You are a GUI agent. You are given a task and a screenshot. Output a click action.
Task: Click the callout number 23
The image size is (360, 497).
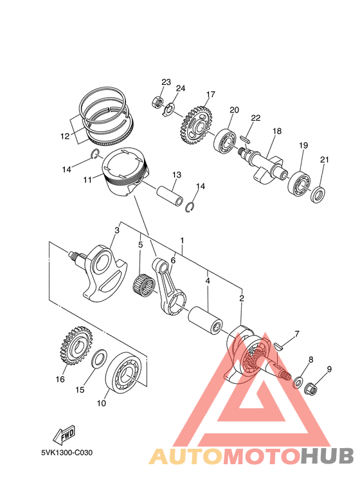(x=166, y=82)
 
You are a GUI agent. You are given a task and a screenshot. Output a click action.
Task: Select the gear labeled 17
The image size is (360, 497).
(x=196, y=122)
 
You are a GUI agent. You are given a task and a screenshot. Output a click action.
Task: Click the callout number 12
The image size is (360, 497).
(x=64, y=136)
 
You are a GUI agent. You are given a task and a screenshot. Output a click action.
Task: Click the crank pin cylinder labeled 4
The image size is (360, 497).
(x=205, y=320)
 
